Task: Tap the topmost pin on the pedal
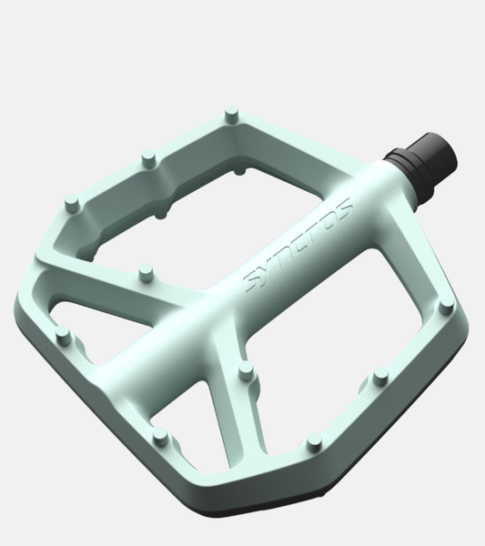point(231,115)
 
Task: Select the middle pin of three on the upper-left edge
point(148,158)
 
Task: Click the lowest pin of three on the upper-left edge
point(73,203)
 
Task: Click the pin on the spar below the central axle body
point(247,371)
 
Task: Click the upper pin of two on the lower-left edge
point(63,335)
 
